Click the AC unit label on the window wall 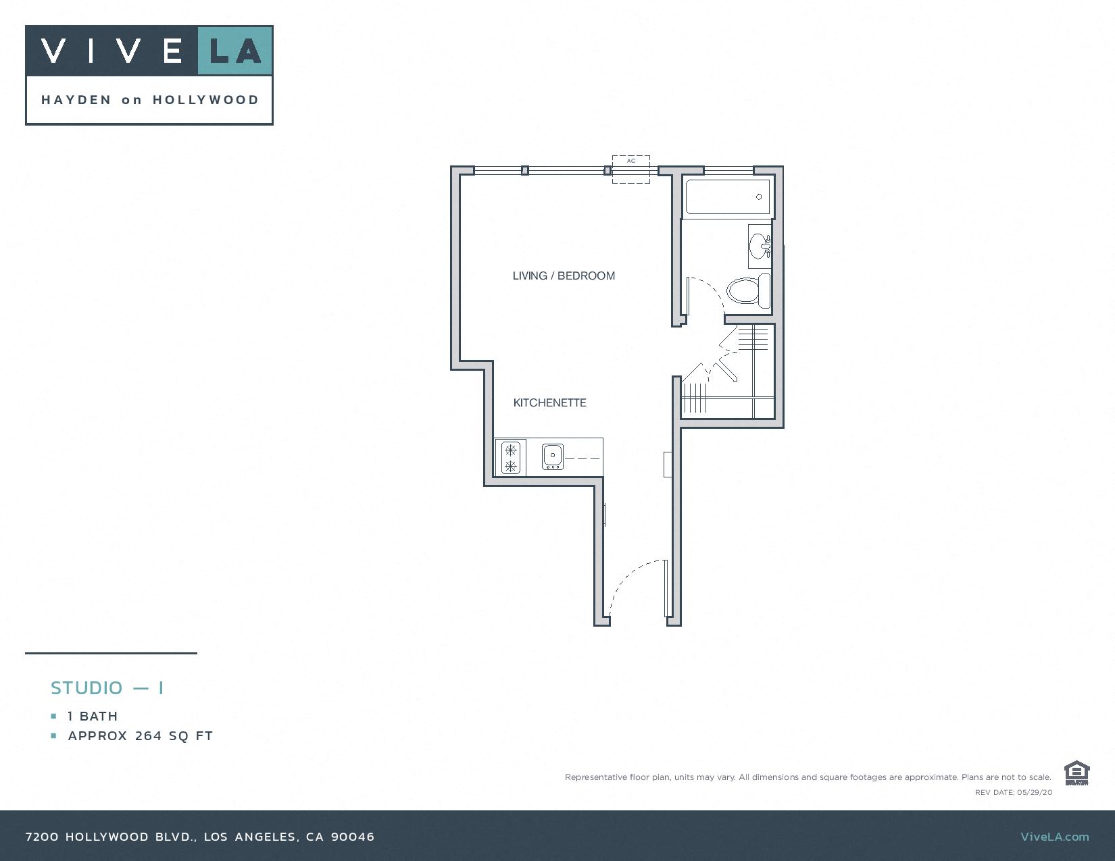coord(631,161)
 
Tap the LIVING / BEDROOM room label coord(564,276)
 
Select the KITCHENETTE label coord(549,402)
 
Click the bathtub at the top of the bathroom coord(727,197)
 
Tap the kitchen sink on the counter coord(553,456)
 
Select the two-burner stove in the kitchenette coord(511,457)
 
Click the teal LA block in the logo coord(234,51)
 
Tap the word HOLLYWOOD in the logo coord(205,100)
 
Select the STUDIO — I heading coord(107,688)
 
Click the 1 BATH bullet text coord(93,716)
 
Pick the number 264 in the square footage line coord(148,736)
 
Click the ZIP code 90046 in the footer coord(352,837)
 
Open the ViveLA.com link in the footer coord(1054,837)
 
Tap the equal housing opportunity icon coord(1076,773)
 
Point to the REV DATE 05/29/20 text coord(1013,792)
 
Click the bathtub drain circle coord(759,197)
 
